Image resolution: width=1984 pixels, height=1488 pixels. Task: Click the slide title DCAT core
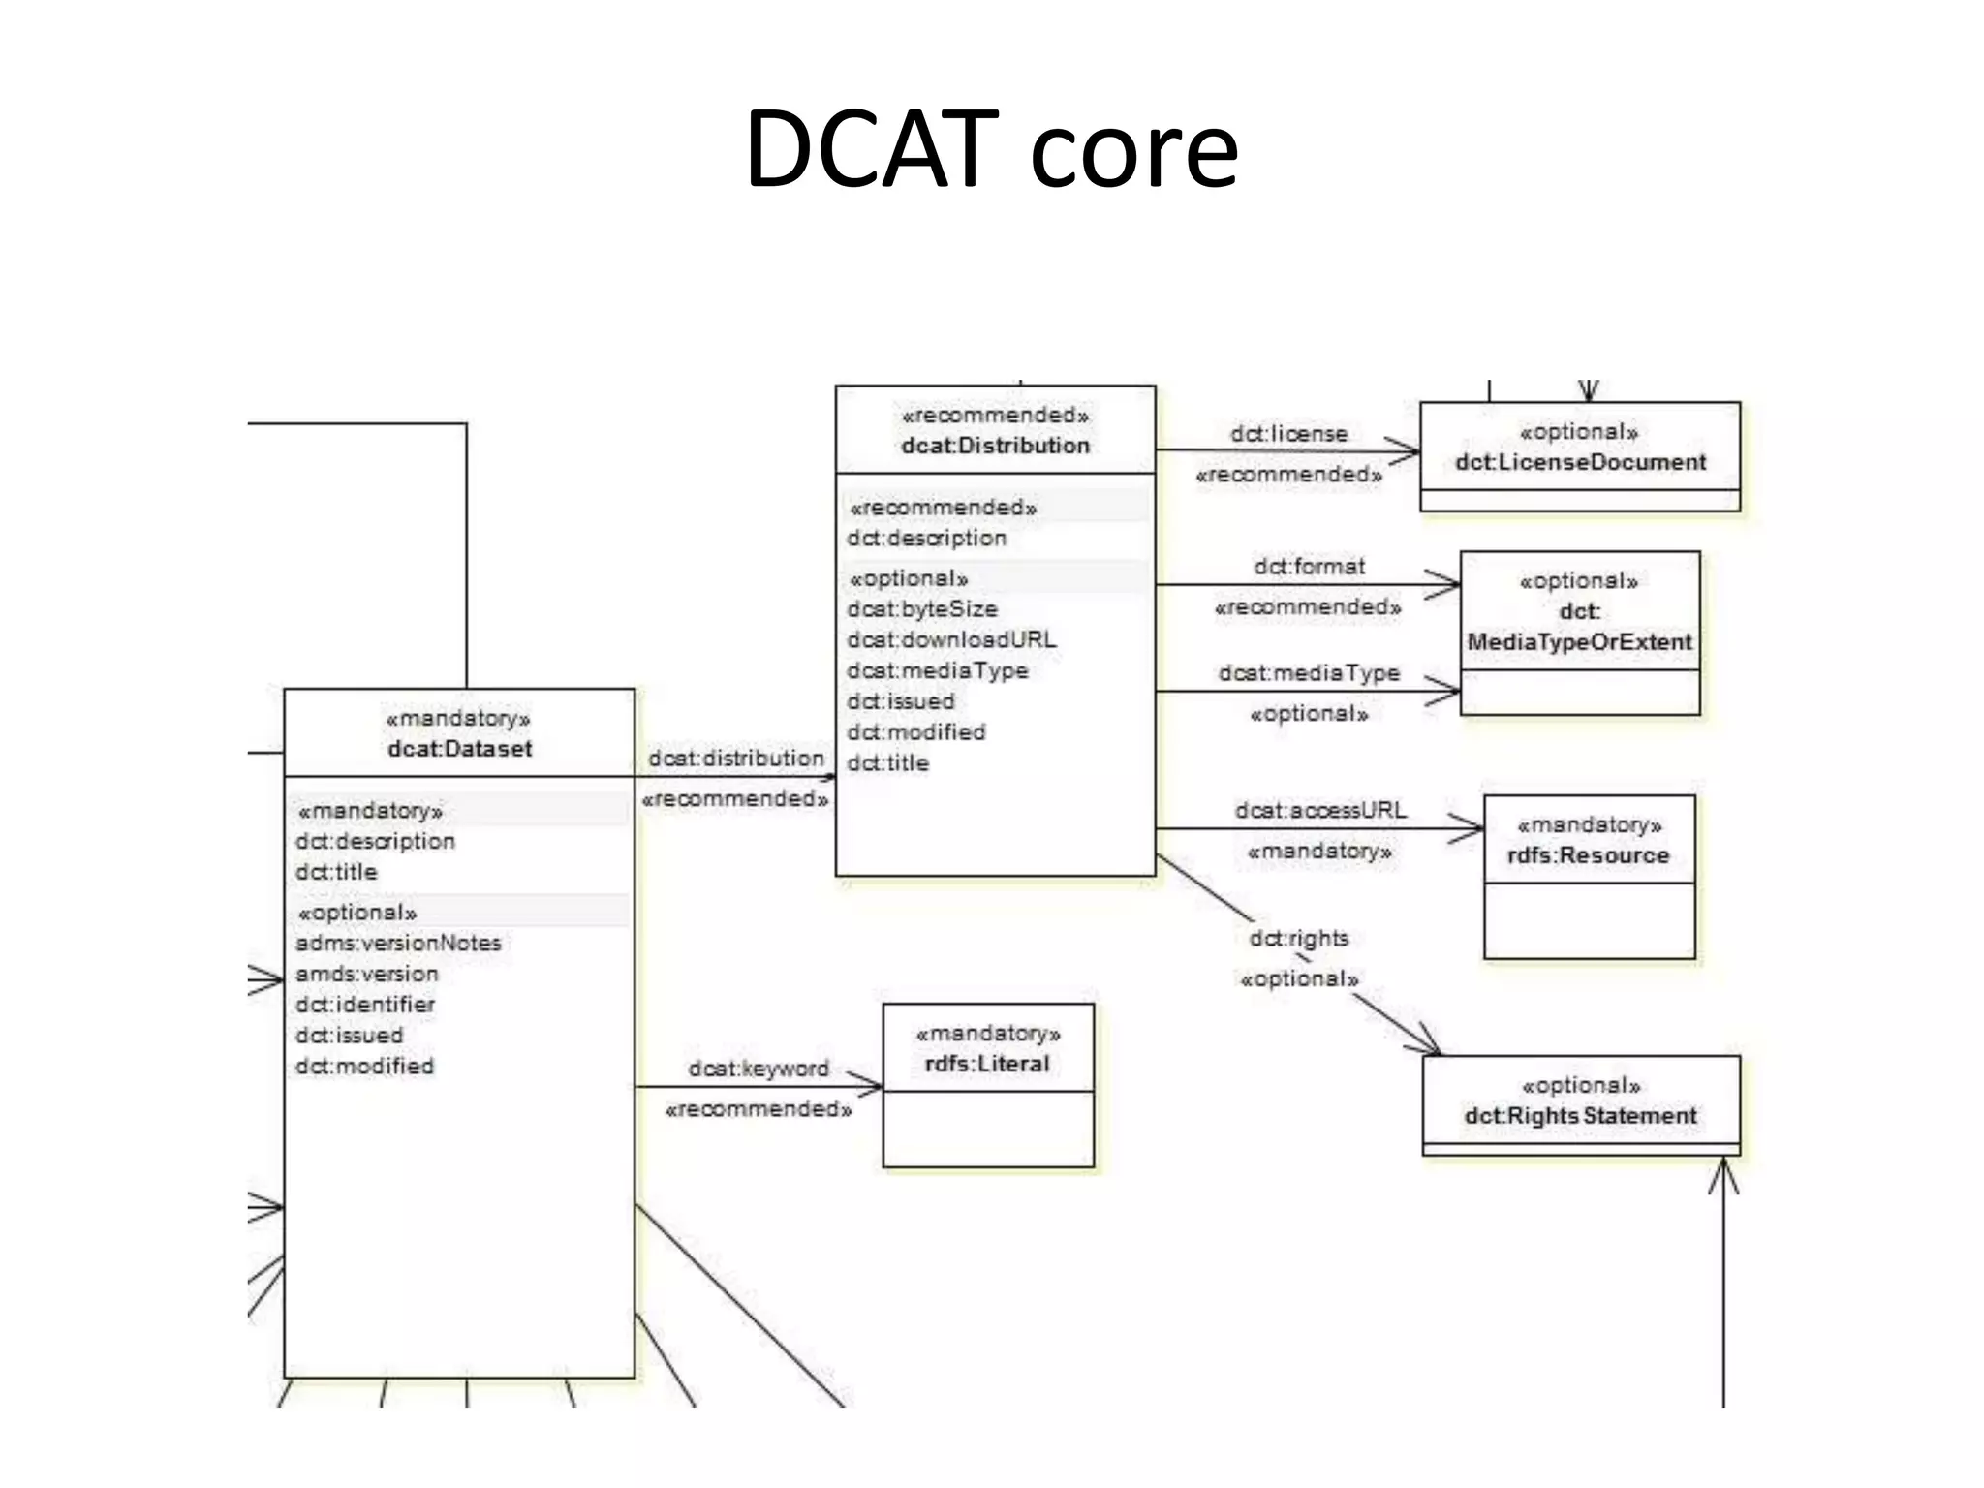[991, 150]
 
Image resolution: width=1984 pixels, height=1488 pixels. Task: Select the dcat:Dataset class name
[459, 749]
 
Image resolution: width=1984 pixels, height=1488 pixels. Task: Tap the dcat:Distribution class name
[995, 446]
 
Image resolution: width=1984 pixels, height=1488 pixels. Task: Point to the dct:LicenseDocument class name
[1580, 462]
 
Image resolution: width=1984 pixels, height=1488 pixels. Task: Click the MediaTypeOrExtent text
[1579, 642]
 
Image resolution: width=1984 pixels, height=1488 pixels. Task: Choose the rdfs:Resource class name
[1588, 855]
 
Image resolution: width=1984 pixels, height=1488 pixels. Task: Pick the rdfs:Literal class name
[987, 1064]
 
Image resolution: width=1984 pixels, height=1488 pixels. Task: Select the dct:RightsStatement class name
[1580, 1116]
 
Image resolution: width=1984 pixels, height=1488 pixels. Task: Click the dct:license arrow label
[1288, 434]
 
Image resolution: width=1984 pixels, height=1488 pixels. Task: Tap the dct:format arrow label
[1309, 567]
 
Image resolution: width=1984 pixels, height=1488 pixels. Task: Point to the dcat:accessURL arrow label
[1320, 811]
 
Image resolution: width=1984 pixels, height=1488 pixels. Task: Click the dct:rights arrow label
[1298, 939]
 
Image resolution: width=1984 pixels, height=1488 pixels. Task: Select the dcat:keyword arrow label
[759, 1069]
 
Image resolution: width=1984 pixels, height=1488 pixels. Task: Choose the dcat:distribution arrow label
[736, 759]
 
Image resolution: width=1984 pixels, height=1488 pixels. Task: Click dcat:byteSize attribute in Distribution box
[922, 609]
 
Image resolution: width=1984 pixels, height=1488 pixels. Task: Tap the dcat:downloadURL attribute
[951, 640]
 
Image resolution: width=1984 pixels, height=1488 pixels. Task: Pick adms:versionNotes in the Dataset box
[398, 944]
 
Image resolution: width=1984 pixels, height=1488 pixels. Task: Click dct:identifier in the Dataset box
[365, 1005]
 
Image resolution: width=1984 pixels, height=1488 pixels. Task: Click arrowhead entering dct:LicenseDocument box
[1408, 450]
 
